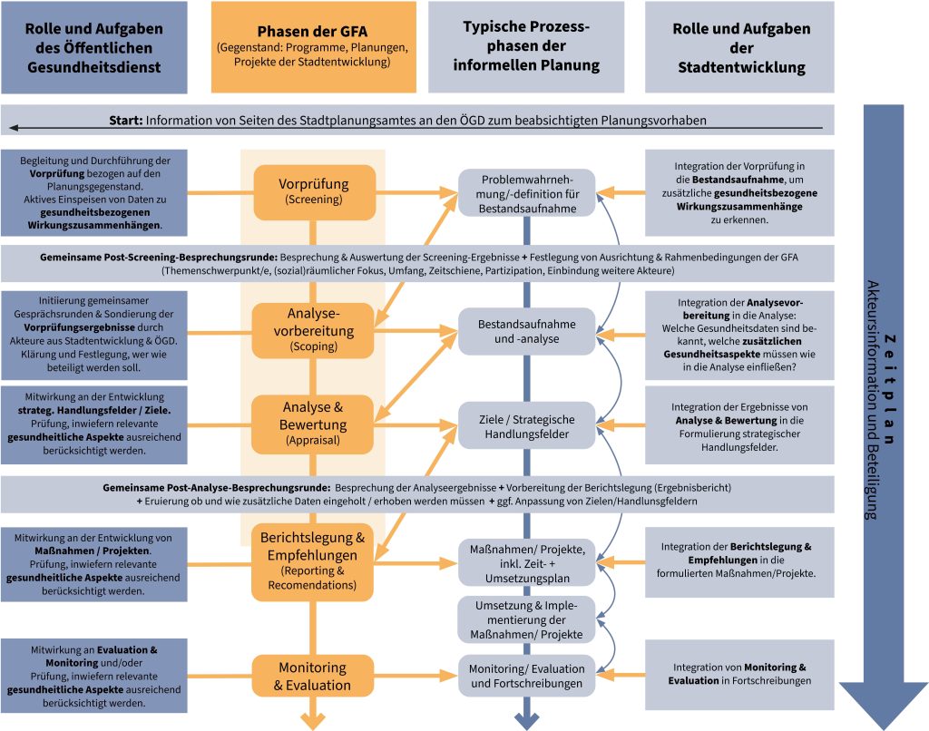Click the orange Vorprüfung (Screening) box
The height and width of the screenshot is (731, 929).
tap(313, 192)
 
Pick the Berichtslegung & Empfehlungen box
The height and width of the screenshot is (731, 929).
tap(313, 561)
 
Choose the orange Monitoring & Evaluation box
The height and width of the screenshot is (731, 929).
tap(313, 677)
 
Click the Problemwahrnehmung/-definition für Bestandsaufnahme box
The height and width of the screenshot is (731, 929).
tap(526, 193)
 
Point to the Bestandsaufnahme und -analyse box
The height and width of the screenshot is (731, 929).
tap(526, 331)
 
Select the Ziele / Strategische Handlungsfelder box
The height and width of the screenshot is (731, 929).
tap(526, 425)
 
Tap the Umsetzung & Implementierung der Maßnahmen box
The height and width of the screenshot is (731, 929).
tap(526, 619)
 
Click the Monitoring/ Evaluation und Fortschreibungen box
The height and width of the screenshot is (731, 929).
tap(526, 677)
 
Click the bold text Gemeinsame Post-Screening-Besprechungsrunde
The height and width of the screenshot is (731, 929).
tap(160, 258)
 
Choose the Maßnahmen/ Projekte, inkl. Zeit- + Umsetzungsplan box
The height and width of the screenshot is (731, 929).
tap(526, 562)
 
